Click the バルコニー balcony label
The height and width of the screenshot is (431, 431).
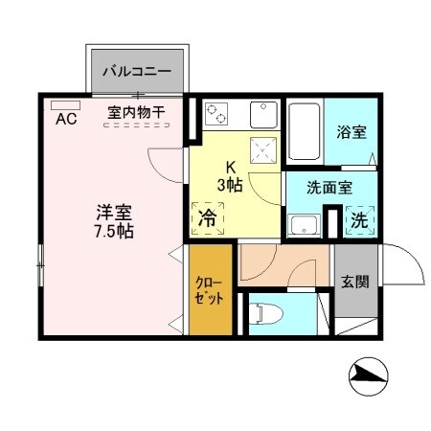pyautogui.click(x=137, y=72)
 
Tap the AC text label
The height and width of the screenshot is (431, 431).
pyautogui.click(x=66, y=120)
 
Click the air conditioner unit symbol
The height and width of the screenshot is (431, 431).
pyautogui.click(x=66, y=104)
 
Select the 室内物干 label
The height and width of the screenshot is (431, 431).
pyautogui.click(x=136, y=113)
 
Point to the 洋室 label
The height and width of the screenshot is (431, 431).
pyautogui.click(x=113, y=212)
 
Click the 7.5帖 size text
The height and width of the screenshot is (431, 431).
pyautogui.click(x=113, y=232)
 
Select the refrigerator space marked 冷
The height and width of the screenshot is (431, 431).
pyautogui.click(x=207, y=218)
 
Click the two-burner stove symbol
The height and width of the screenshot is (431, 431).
pyautogui.click(x=216, y=114)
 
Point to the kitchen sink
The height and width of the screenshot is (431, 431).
pyautogui.click(x=262, y=114)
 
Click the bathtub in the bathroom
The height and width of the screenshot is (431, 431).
pyautogui.click(x=304, y=131)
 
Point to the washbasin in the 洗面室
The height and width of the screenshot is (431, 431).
pyautogui.click(x=305, y=226)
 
